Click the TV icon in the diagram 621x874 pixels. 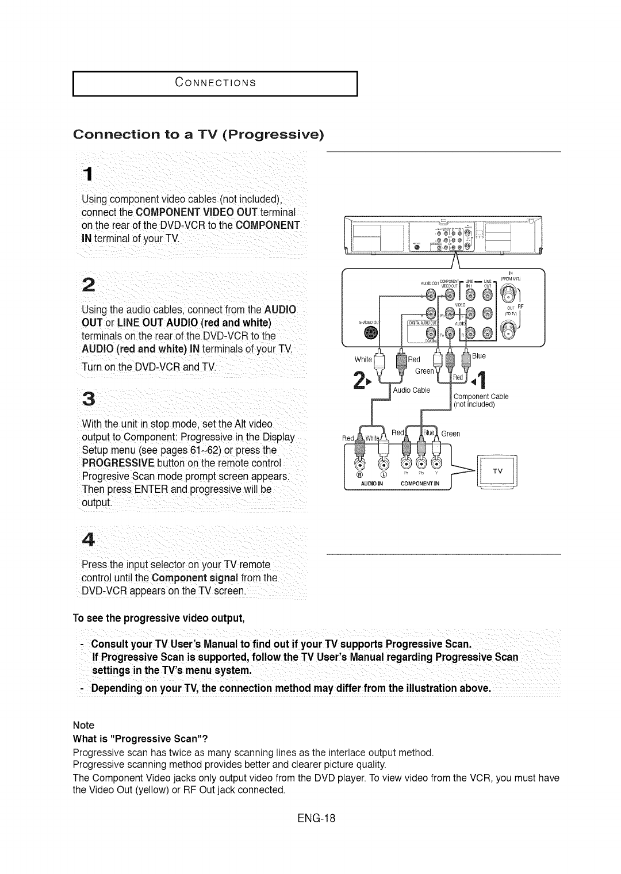pos(498,472)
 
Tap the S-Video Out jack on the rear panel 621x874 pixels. pos(373,333)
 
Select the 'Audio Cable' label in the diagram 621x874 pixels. pos(411,390)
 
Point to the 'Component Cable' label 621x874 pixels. pos(481,396)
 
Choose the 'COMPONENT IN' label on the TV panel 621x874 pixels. pos(420,484)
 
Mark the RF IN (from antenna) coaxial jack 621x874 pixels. pos(508,297)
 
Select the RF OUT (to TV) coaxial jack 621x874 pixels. pos(508,330)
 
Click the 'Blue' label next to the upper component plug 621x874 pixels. pos(478,356)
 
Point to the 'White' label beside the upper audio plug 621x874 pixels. pos(363,359)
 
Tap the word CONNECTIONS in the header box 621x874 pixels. pos(215,82)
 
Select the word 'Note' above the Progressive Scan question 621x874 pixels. pos(83,725)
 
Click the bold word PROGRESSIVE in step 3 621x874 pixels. pos(110,463)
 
